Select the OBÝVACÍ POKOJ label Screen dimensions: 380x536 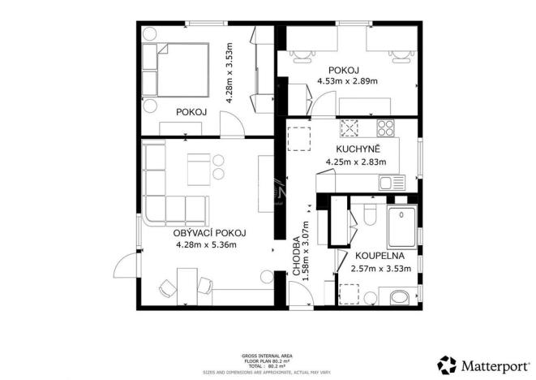click(x=209, y=232)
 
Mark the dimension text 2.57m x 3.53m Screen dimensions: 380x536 click(x=380, y=268)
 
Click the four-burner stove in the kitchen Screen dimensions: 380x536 click(x=384, y=127)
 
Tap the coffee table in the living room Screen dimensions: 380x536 click(x=199, y=169)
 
